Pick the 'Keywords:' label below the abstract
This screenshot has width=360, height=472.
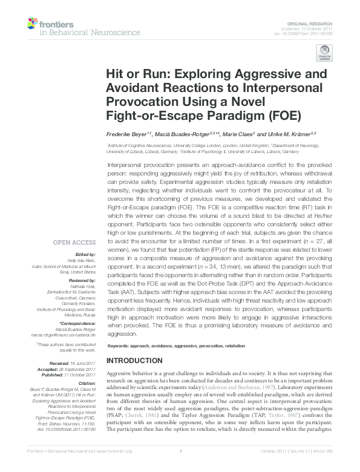coord(120,346)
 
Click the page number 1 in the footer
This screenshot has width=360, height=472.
coord(180,468)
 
